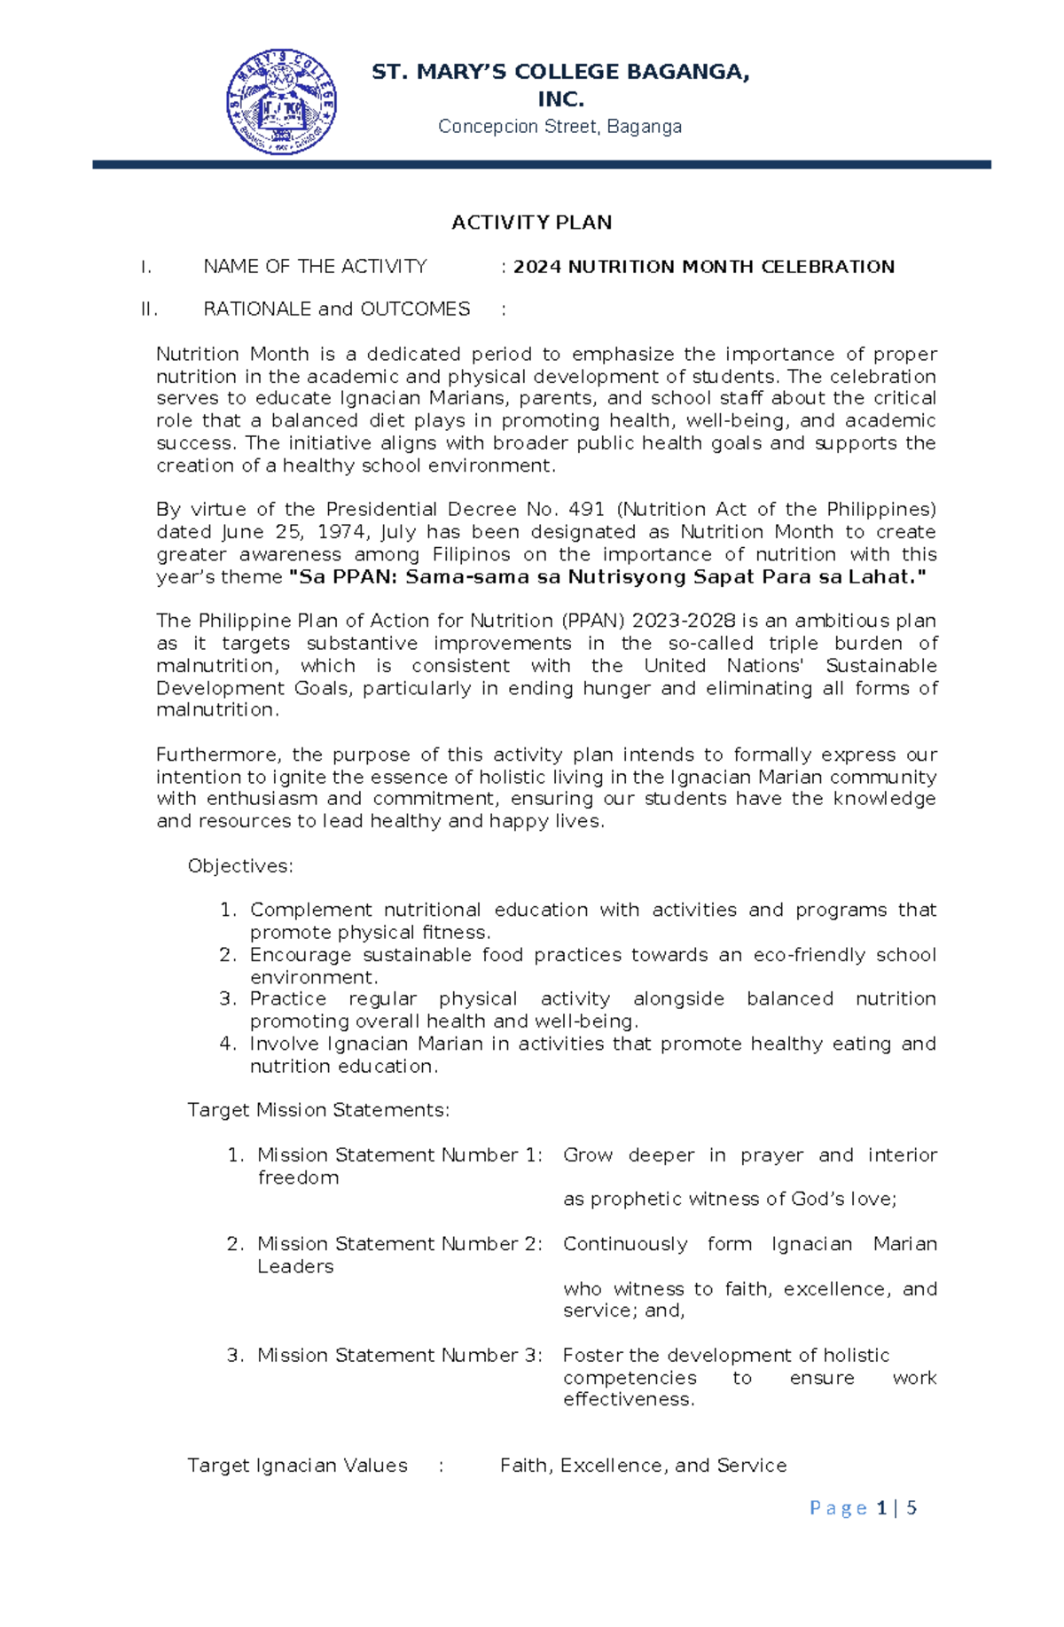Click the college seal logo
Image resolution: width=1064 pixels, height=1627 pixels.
(281, 102)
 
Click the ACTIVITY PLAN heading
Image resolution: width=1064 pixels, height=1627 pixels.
(531, 223)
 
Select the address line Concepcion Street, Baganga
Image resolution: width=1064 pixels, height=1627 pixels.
(559, 127)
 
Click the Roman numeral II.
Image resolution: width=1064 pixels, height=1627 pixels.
(148, 309)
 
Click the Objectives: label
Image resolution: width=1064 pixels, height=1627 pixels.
(240, 866)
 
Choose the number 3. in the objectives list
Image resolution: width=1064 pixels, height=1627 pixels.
(228, 999)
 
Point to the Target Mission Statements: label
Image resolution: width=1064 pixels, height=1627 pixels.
(318, 1110)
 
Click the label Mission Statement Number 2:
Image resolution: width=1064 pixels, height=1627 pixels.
(399, 1244)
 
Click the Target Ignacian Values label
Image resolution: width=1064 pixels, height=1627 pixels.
(297, 1466)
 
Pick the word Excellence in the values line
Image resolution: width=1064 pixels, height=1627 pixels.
(614, 1466)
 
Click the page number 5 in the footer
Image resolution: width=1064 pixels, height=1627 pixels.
(911, 1508)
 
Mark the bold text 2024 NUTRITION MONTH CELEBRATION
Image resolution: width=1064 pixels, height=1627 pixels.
(704, 267)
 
